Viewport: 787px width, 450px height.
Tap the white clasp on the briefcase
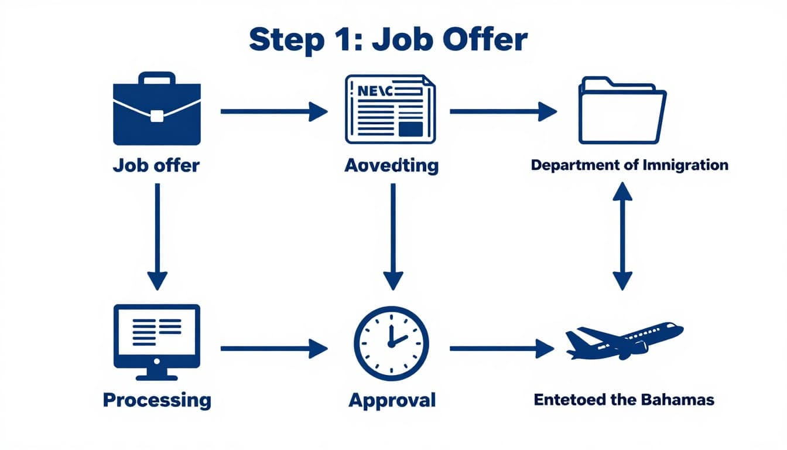pyautogui.click(x=156, y=115)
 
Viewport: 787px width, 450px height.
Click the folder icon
pyautogui.click(x=622, y=111)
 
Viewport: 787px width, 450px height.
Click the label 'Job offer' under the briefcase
pyautogui.click(x=156, y=165)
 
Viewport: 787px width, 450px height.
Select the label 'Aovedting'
pyautogui.click(x=391, y=165)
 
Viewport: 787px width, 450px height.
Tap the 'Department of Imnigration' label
pyautogui.click(x=629, y=165)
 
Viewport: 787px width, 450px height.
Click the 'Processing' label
pyautogui.click(x=157, y=400)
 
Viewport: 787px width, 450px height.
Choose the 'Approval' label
pyautogui.click(x=392, y=401)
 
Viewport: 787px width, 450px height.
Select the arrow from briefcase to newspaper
pyautogui.click(x=273, y=111)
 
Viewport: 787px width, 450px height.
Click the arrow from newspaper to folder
pyautogui.click(x=502, y=111)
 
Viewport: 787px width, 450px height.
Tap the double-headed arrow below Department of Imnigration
pyautogui.click(x=622, y=236)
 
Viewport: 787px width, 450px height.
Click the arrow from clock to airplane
pyautogui.click(x=501, y=349)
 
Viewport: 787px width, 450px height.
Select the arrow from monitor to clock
pyautogui.click(x=273, y=349)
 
